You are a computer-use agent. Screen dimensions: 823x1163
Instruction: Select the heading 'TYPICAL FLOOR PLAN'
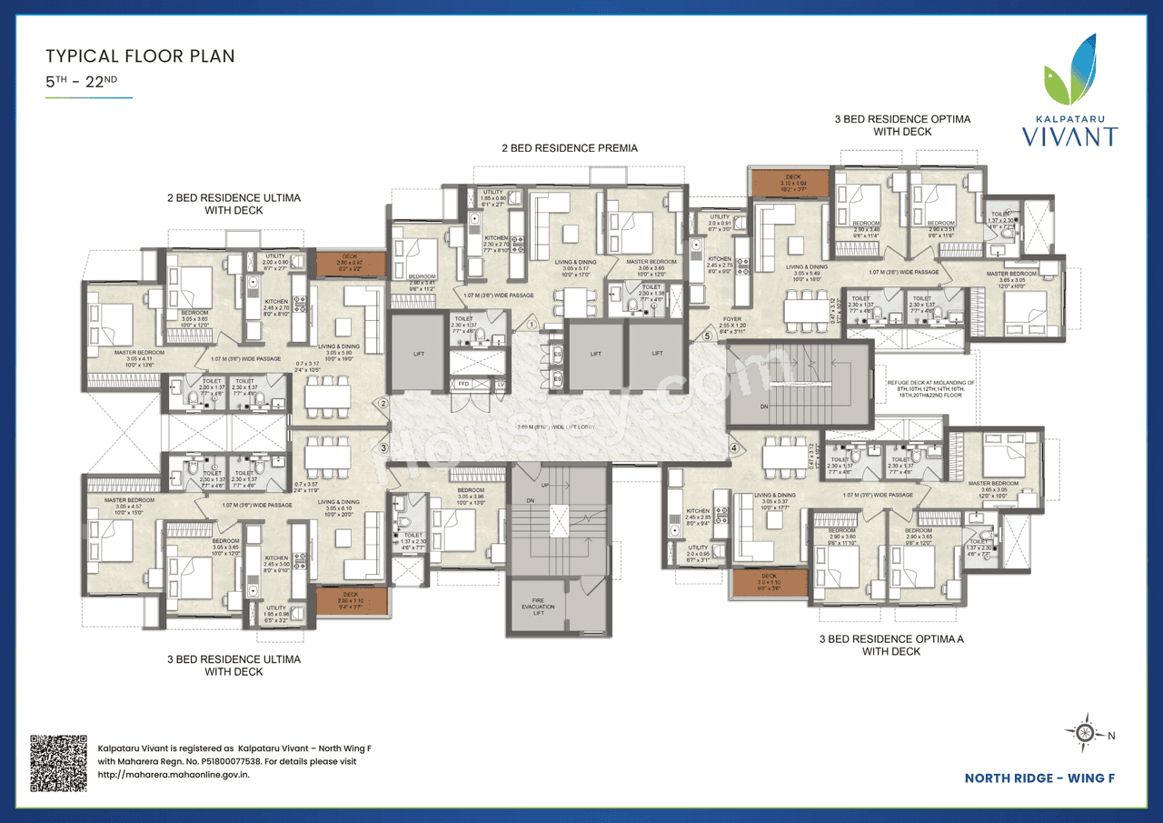point(140,56)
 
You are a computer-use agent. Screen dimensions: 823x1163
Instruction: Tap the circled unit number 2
point(384,404)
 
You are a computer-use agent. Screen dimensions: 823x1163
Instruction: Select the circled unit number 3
point(384,447)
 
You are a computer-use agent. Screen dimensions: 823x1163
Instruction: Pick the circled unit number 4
point(732,447)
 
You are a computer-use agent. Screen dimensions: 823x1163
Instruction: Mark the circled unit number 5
point(707,336)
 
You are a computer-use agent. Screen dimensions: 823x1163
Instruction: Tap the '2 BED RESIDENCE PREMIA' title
point(570,147)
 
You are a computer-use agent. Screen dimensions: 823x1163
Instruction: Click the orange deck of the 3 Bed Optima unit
point(789,183)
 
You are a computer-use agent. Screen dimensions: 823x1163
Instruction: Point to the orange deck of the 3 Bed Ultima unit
point(351,601)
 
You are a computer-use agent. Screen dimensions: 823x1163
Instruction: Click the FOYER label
point(732,320)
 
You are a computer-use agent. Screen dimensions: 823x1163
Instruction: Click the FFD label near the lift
point(463,385)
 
